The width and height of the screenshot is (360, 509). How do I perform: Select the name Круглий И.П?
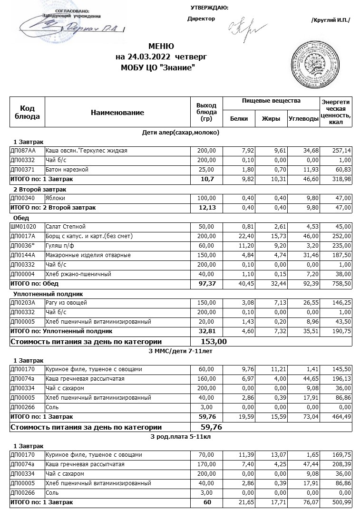coord(330,19)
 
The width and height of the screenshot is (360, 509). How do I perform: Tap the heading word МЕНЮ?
coord(161,47)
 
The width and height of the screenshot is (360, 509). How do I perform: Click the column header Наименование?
coord(117,113)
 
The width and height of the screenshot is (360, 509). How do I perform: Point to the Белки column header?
coord(239,119)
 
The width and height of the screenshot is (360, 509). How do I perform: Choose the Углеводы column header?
coord(303,119)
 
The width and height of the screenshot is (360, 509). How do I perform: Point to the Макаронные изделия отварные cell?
coord(88,255)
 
